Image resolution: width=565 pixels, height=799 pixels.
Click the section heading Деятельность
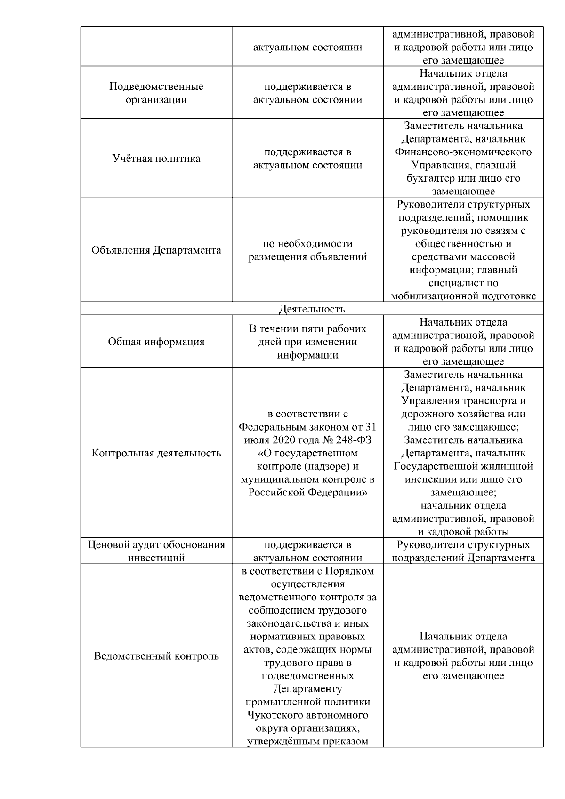[x=312, y=309]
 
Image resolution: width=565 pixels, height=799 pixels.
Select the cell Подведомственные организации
[x=156, y=93]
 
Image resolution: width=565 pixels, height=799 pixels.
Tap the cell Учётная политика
[x=156, y=158]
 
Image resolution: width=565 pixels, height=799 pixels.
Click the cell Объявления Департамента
[x=156, y=250]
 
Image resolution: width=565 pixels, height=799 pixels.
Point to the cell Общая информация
[x=156, y=342]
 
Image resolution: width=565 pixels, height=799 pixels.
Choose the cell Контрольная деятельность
[x=156, y=453]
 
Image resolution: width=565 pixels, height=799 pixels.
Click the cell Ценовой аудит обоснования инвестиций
[x=156, y=551]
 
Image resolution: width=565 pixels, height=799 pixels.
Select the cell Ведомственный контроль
[x=156, y=656]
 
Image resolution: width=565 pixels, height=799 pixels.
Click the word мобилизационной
[x=434, y=296]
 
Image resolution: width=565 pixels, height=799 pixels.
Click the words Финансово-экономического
[x=463, y=152]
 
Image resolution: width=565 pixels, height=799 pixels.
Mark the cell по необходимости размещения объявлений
[x=307, y=250]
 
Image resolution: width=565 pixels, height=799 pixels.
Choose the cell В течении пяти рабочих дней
[x=307, y=342]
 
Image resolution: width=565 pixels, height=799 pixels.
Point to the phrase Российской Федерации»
[x=307, y=493]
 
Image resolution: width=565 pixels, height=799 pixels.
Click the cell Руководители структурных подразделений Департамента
[x=463, y=551]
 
